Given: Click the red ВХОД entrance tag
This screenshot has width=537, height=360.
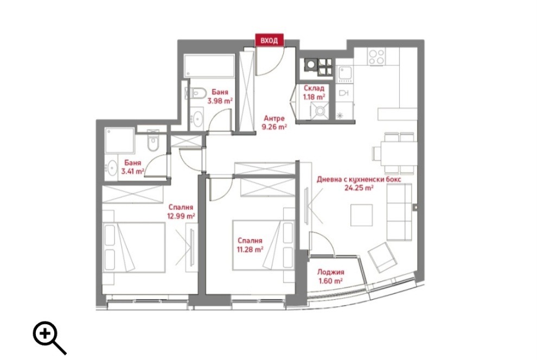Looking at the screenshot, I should click(270, 40).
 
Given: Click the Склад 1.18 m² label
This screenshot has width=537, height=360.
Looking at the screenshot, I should click(314, 92).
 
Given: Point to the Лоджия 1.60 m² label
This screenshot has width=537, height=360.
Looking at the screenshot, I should click(331, 277).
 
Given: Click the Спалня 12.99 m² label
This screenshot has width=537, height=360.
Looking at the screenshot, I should click(182, 211).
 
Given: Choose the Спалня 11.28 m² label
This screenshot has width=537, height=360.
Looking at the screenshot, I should click(250, 245).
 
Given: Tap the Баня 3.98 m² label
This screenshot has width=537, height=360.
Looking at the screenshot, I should click(220, 96).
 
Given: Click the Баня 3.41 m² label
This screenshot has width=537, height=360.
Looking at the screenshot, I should click(132, 167).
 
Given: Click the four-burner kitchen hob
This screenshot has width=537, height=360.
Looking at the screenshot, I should click(376, 56).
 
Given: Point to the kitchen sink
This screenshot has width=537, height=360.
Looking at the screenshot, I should click(344, 73).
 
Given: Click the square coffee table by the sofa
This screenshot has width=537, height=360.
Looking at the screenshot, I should click(362, 215).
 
